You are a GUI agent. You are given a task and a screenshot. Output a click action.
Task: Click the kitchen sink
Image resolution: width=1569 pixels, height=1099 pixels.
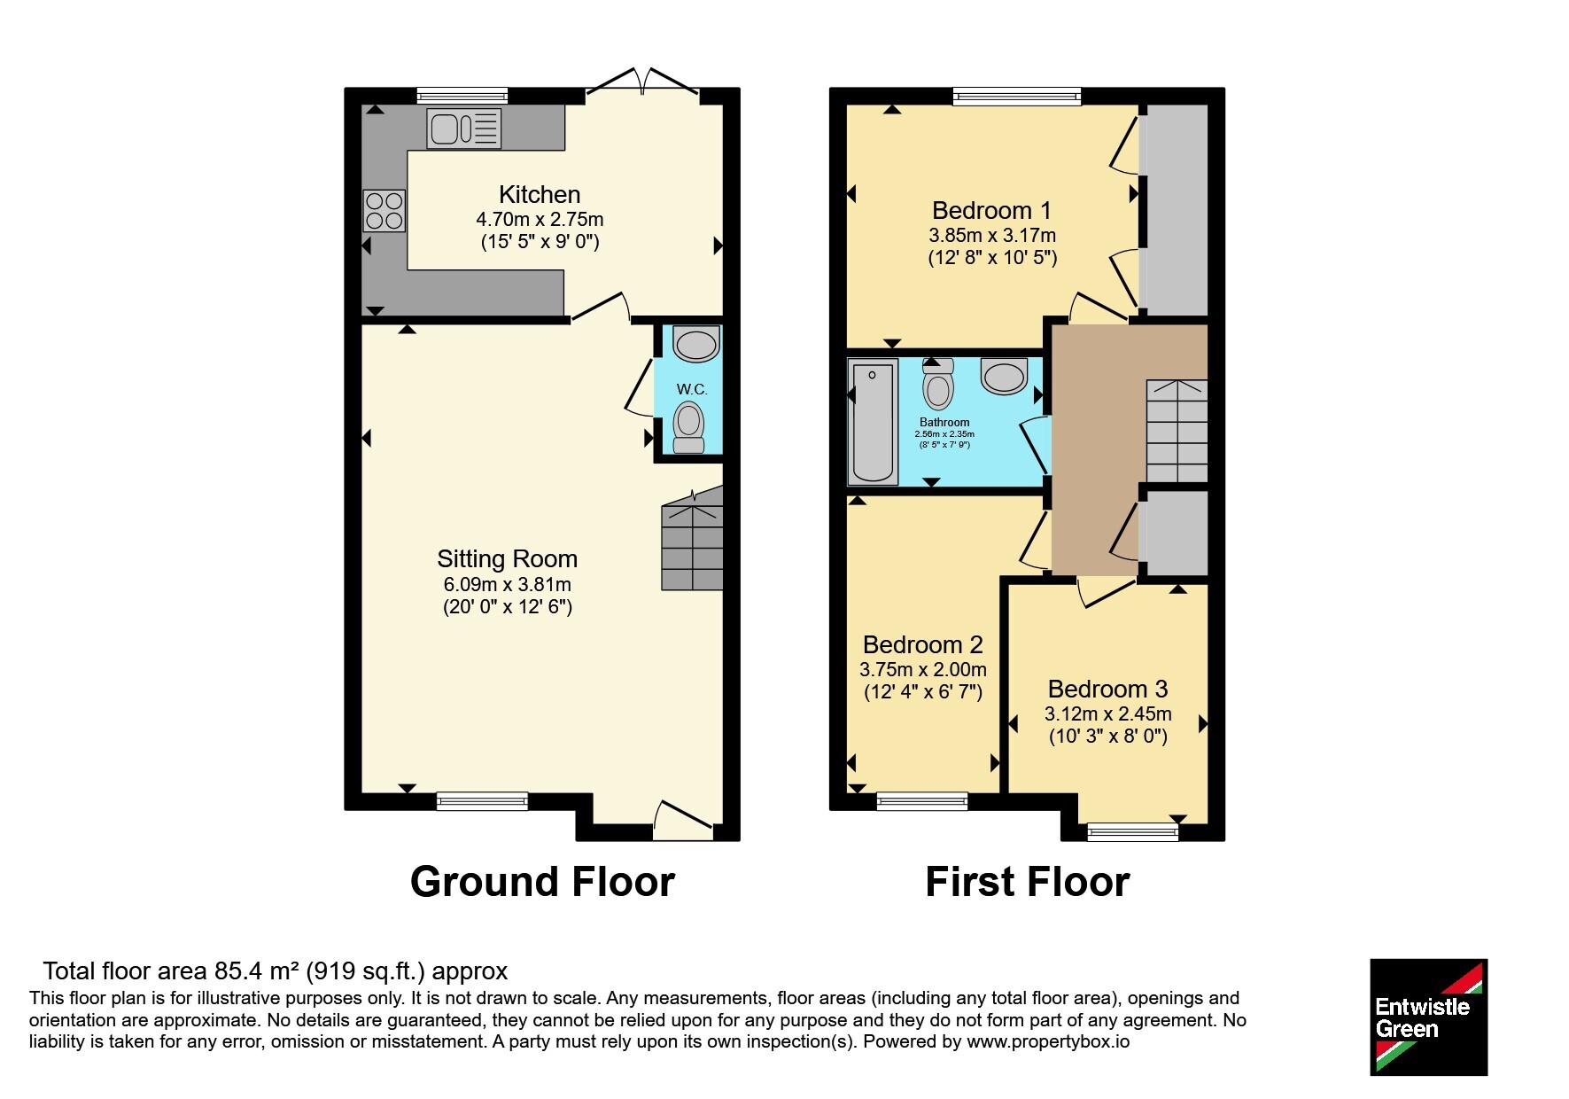[x=463, y=128]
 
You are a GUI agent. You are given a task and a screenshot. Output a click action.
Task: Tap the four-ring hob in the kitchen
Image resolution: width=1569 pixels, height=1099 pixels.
[x=384, y=211]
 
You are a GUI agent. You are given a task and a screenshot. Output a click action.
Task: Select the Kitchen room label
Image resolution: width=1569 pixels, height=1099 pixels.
[x=540, y=194]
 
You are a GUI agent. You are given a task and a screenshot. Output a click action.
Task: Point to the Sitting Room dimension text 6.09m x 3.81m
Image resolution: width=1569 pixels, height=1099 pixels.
[x=508, y=584]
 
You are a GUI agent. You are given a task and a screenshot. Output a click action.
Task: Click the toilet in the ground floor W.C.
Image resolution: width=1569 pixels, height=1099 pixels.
[x=688, y=427]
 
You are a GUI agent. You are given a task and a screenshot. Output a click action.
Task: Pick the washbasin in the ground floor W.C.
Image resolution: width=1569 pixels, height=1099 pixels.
[x=695, y=344]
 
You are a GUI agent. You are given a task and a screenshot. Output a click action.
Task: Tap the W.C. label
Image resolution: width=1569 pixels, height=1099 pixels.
[x=692, y=389]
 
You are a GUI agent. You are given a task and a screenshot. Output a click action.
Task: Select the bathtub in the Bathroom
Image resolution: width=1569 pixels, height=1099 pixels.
[x=873, y=422]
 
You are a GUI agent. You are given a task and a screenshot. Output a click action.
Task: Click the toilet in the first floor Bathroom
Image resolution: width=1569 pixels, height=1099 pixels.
[x=938, y=384]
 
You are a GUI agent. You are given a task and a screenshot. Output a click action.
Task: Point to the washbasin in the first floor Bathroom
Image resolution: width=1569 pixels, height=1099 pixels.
[x=1004, y=375]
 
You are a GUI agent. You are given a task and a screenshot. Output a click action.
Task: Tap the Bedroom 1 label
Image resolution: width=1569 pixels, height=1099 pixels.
[x=992, y=210]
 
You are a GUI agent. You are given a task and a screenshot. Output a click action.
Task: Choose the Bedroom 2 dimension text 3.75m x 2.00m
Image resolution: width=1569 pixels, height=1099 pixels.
[x=923, y=669]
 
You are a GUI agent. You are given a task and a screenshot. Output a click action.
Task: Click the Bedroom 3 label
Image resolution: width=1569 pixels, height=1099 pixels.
[x=1108, y=689]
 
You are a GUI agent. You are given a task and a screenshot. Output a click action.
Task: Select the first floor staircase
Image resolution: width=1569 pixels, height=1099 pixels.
[x=1177, y=431]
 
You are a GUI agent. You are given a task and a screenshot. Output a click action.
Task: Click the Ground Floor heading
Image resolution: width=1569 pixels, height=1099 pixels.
[x=542, y=882]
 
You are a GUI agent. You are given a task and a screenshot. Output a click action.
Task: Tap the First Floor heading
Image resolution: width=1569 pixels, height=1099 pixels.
[x=1028, y=882]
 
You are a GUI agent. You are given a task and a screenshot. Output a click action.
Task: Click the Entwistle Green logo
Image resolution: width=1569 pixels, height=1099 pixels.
[x=1428, y=1017]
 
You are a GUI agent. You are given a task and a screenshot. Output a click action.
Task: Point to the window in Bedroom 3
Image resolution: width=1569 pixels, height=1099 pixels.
[x=1132, y=831]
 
